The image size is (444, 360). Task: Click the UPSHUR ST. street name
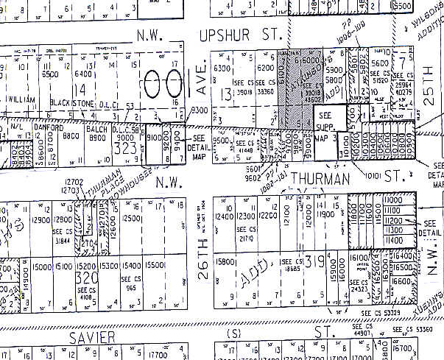230,35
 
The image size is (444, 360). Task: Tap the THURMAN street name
317,178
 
